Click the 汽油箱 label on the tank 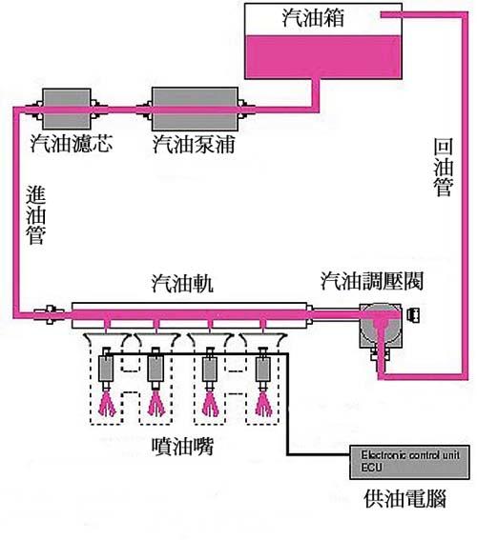point(313,17)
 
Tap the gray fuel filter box point(67,110)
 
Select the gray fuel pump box point(195,110)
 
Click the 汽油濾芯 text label point(72,143)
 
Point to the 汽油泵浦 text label point(195,144)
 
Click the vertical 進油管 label point(36,216)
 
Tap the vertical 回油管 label point(444,168)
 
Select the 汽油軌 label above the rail point(182,284)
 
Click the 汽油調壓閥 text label point(372,281)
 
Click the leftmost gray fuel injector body point(106,369)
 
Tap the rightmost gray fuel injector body point(262,369)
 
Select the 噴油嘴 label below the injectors point(183,447)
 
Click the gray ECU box point(410,462)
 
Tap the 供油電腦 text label point(404,498)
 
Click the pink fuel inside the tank point(323,56)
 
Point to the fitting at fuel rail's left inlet point(50,313)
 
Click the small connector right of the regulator point(413,315)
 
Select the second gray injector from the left point(155,369)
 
